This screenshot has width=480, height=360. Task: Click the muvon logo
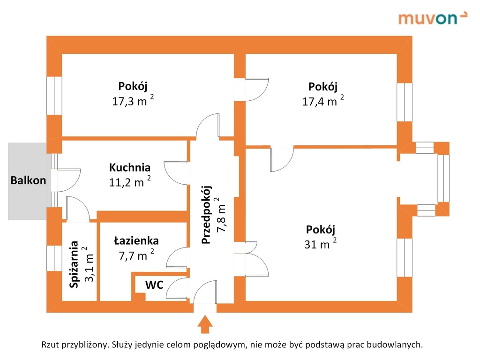[433, 18]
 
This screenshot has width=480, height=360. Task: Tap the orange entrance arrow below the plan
[205, 324]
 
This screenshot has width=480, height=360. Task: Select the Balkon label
[28, 180]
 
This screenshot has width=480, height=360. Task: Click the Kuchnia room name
[130, 167]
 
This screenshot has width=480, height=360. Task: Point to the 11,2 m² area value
[130, 182]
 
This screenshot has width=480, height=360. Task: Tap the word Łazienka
[136, 240]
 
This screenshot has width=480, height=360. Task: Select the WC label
[154, 285]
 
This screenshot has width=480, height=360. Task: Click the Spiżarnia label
[74, 264]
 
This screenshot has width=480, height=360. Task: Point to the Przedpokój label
[207, 215]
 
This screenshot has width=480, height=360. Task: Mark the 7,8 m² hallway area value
[221, 214]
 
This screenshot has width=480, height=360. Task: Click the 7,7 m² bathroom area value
[136, 255]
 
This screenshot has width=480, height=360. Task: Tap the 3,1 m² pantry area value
[89, 264]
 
